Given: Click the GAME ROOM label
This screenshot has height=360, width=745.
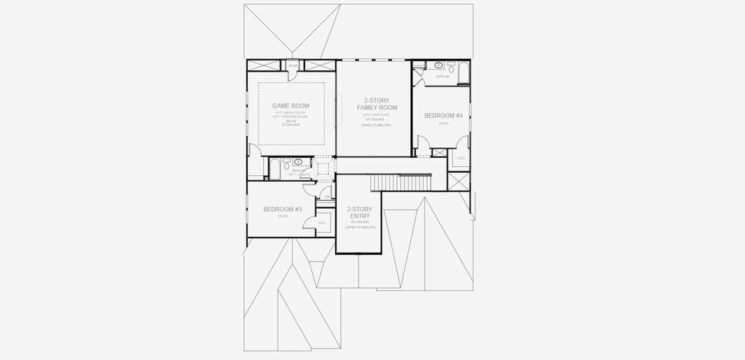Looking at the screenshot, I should [x=291, y=106].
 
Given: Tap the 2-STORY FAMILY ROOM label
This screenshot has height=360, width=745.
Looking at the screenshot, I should [x=377, y=104].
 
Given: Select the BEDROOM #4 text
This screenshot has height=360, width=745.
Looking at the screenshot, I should [x=443, y=115].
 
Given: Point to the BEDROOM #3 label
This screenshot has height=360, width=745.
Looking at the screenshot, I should [x=282, y=209].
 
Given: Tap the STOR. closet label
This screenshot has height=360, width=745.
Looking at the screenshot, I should [x=293, y=65].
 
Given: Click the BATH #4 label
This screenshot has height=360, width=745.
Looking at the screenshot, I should [x=442, y=77].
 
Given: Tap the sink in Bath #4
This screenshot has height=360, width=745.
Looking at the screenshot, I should [x=438, y=65].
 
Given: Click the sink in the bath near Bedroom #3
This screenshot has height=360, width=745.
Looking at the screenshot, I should [x=298, y=162].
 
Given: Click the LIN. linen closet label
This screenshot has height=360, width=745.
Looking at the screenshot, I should [x=326, y=196].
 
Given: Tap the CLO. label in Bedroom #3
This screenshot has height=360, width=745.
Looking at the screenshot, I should [x=322, y=223].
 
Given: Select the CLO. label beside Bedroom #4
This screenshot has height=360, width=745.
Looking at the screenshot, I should [x=461, y=158].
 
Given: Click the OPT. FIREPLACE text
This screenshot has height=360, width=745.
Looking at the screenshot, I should [x=376, y=114].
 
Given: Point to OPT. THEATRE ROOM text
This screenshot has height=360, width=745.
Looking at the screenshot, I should [x=291, y=116].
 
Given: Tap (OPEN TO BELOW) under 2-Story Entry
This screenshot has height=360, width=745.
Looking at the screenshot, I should [x=361, y=227].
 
